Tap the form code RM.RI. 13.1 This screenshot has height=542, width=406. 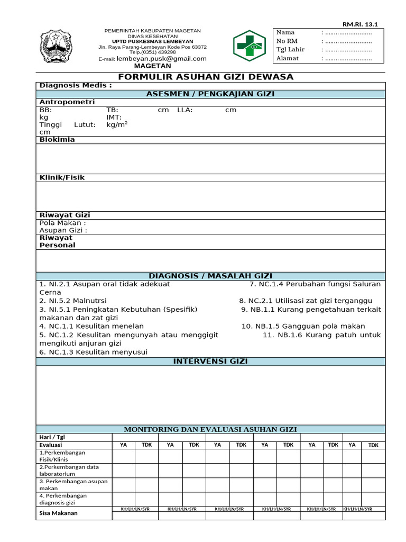(x=364, y=24)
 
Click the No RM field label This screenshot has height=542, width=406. (x=288, y=41)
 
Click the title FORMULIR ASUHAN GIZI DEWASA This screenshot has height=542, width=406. (x=206, y=77)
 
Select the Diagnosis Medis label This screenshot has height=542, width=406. (x=76, y=86)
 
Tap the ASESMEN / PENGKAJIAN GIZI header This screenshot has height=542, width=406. (x=210, y=94)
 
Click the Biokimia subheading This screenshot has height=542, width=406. (x=57, y=140)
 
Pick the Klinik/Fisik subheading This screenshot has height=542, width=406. (x=62, y=178)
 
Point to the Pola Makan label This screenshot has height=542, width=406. (x=62, y=223)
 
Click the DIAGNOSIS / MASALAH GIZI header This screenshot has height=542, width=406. (x=210, y=276)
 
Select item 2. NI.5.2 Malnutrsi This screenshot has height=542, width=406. (x=73, y=301)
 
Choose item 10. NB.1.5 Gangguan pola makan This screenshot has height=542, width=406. (x=303, y=326)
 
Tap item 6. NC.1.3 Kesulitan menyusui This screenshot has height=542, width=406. (x=94, y=352)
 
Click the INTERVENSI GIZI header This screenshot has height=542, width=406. (x=210, y=361)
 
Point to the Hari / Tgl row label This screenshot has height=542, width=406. (x=53, y=437)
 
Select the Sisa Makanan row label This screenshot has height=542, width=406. (x=59, y=513)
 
